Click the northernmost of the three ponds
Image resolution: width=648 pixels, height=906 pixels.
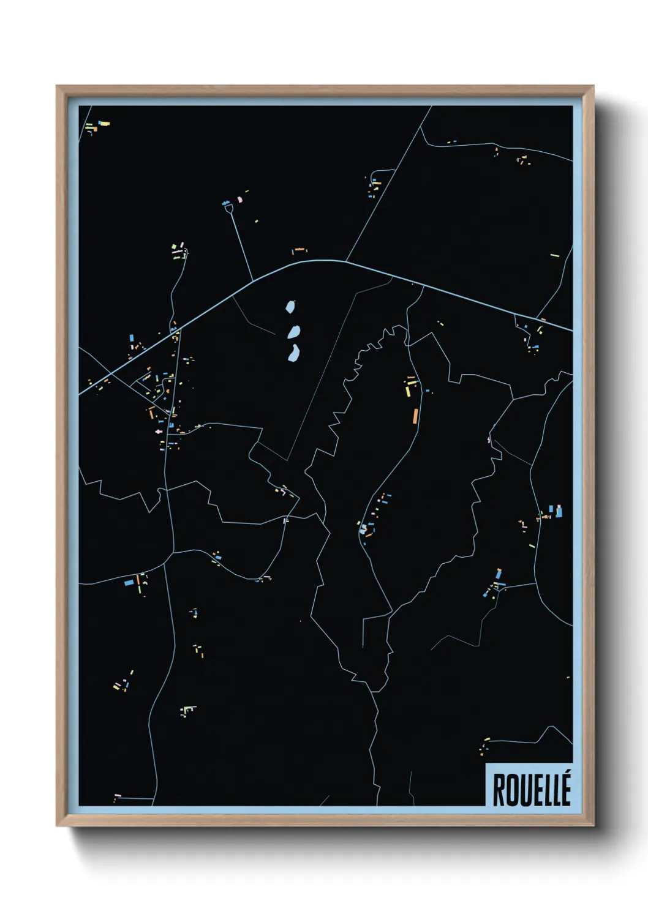[x=290, y=306]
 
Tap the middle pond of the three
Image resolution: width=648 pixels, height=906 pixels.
[x=293, y=332]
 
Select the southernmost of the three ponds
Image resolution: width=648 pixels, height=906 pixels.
[x=293, y=353]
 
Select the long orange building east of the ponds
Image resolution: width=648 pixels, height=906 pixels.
[x=415, y=416]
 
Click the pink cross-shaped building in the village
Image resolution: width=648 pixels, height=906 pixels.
[x=160, y=432]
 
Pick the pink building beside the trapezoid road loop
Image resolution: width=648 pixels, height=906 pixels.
[x=240, y=199]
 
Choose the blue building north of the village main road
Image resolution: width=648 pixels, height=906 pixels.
[x=132, y=337]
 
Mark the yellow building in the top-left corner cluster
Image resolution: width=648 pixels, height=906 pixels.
[x=104, y=124]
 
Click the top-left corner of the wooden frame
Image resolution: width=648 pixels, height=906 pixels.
[x=57, y=86]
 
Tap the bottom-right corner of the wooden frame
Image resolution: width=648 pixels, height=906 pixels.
[x=593, y=825]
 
